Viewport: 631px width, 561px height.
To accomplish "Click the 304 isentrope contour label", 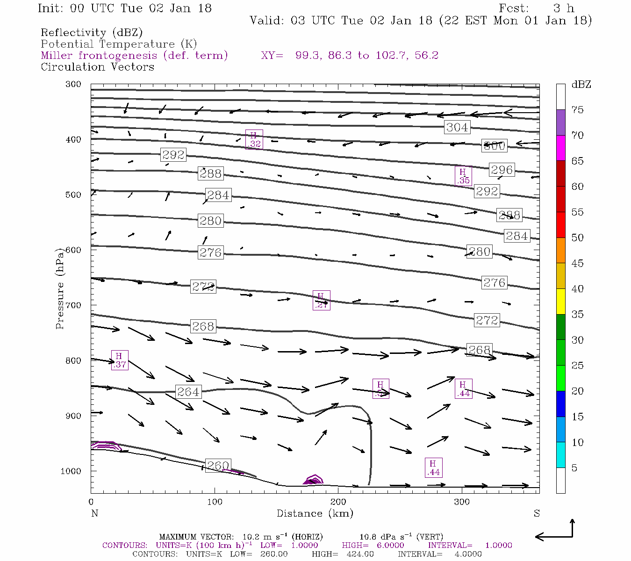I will [457, 127].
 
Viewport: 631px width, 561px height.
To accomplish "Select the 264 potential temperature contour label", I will [188, 392].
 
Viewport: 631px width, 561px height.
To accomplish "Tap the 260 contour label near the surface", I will [218, 466].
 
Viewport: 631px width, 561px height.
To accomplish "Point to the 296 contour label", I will [502, 170].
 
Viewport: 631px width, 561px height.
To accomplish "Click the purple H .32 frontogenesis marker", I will [254, 139].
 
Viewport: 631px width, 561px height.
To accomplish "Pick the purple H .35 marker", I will [463, 176].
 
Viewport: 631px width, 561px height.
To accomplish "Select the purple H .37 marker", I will [120, 360].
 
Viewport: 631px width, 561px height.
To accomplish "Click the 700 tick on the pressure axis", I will [73, 305].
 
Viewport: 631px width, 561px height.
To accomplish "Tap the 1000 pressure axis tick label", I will [71, 471].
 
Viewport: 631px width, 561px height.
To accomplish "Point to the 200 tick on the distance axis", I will [338, 502].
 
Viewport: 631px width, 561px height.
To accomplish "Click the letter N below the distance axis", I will [94, 513].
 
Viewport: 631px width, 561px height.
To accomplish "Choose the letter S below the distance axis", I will [537, 513].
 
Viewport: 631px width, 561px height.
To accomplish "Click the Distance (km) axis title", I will [315, 513].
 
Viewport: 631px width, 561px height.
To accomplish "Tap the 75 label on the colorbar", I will [577, 110].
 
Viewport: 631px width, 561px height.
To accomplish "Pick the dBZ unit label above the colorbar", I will [581, 85].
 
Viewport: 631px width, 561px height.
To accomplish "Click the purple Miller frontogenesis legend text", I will [134, 56].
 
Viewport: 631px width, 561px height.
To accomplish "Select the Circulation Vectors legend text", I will [97, 67].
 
